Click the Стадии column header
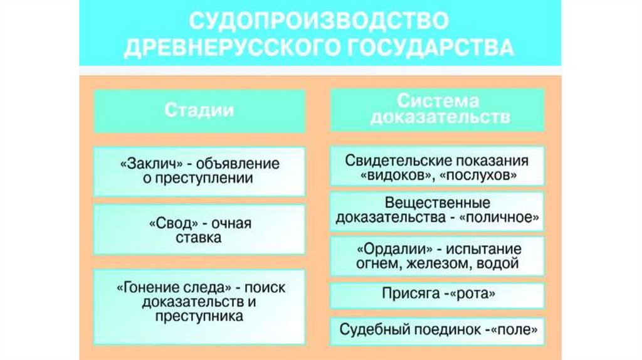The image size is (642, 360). (x=199, y=111)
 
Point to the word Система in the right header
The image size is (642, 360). (x=438, y=102)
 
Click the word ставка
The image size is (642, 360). (x=199, y=238)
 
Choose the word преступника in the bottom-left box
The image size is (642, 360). (x=199, y=317)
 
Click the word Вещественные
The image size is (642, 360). (x=438, y=203)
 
